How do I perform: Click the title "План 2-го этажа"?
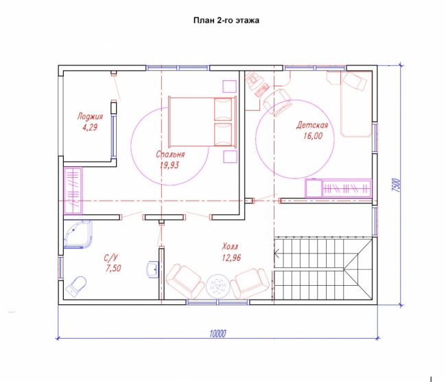(226, 21)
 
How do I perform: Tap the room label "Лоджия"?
(90, 116)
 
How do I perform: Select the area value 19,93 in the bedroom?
(169, 165)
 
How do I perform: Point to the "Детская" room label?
(312, 125)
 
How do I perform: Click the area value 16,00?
(313, 135)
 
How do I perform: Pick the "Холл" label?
(230, 246)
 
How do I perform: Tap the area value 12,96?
(231, 258)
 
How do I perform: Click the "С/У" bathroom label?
(110, 258)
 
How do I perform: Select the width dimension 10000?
(218, 334)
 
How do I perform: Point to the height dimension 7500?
(396, 186)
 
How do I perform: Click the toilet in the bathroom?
(76, 286)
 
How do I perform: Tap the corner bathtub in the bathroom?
(78, 234)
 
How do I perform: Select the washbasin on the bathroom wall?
(153, 269)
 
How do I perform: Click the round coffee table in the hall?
(218, 286)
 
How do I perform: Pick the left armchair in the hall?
(185, 281)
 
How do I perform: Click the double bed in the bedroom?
(202, 122)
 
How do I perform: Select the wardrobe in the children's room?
(338, 188)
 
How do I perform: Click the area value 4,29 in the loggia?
(90, 127)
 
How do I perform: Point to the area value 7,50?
(113, 269)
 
